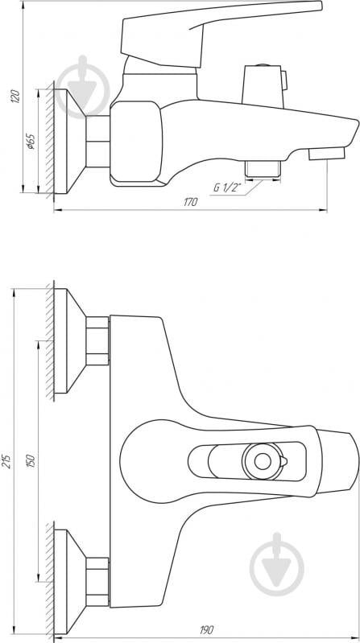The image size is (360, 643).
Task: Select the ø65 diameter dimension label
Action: pyautogui.click(x=31, y=142)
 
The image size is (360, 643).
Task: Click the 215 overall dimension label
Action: pyautogui.click(x=7, y=460)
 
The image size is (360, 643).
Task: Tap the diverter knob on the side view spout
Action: pyautogui.click(x=263, y=80)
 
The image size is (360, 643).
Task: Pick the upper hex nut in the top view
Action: pyautogui.click(x=97, y=339)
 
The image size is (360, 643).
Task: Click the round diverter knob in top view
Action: pyautogui.click(x=262, y=461)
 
